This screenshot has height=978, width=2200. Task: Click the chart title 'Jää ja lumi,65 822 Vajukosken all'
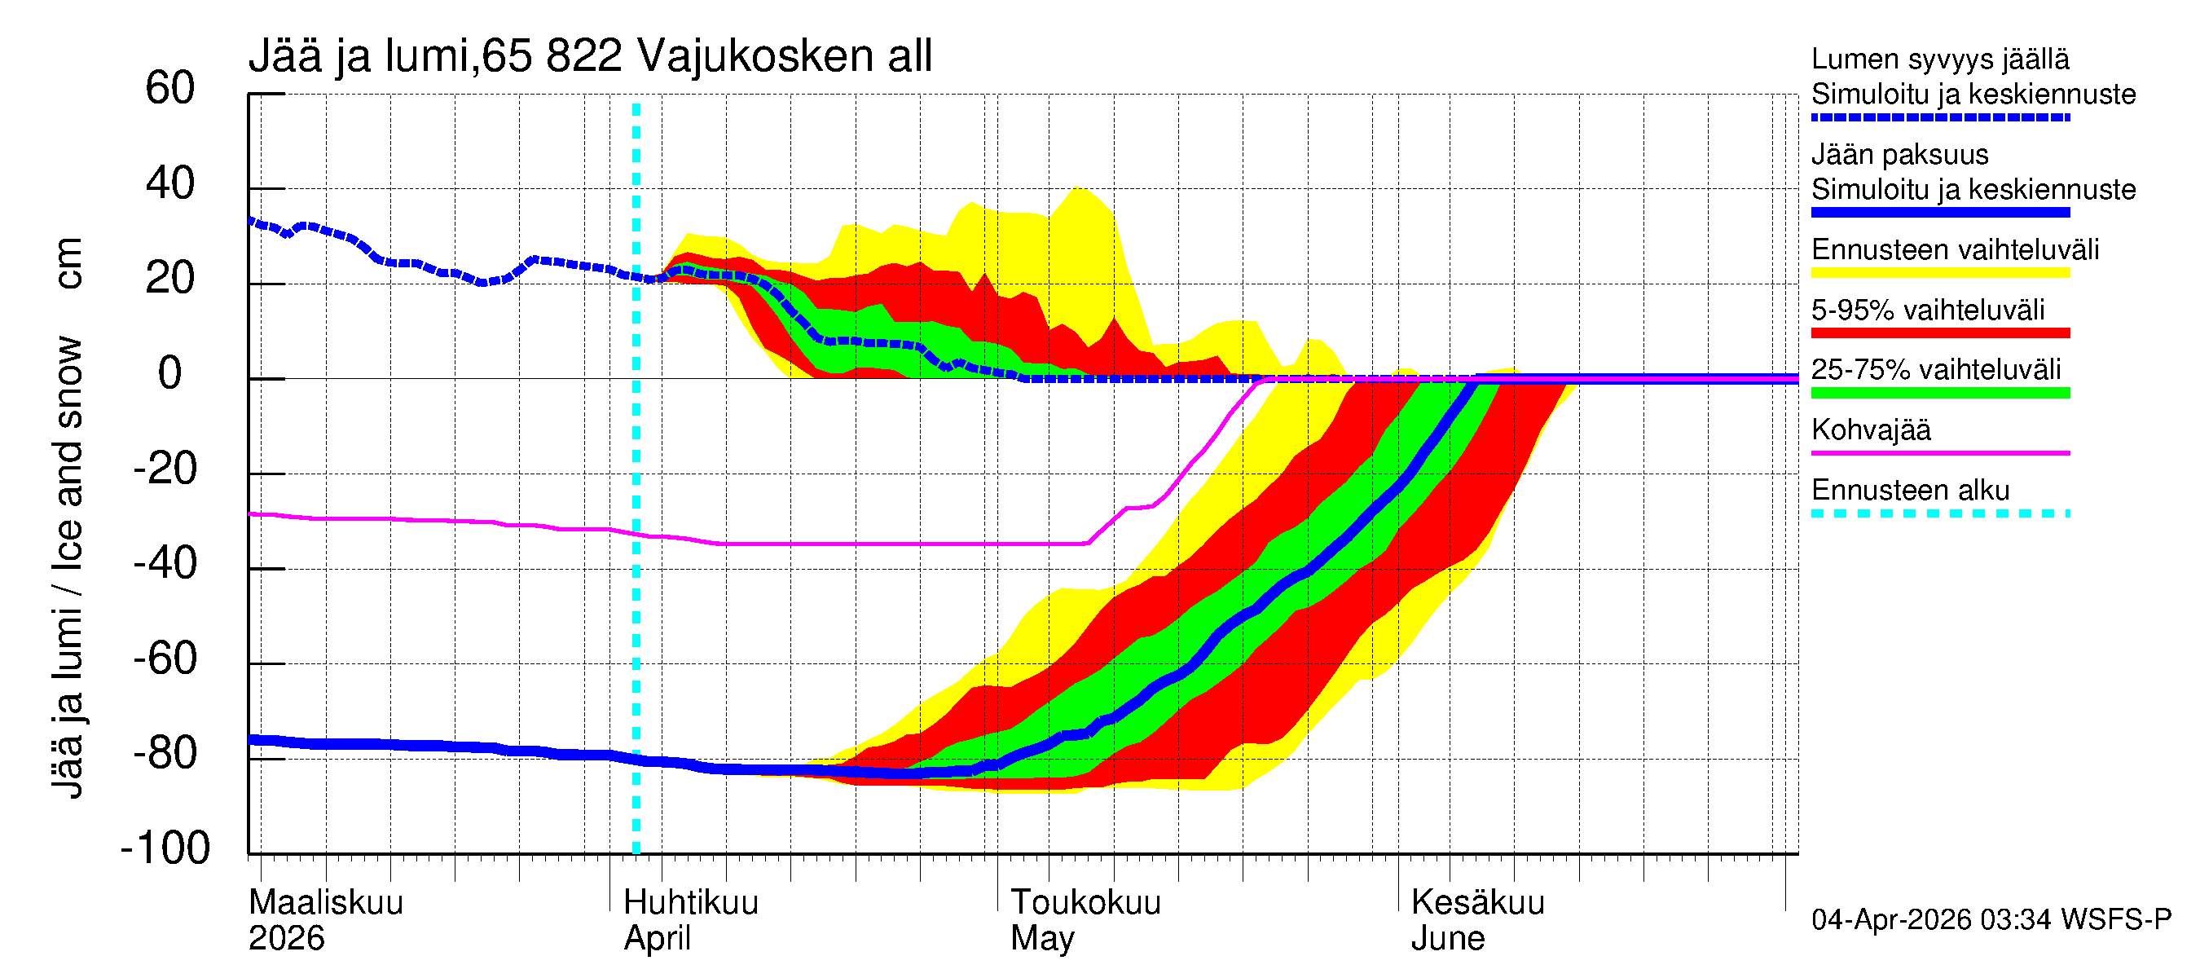pos(589,56)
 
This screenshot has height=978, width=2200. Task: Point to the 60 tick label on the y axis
pos(170,88)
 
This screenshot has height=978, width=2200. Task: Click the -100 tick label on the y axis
pos(165,848)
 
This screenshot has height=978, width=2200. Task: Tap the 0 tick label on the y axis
pos(170,373)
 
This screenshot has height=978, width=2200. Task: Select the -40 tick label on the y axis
pos(165,564)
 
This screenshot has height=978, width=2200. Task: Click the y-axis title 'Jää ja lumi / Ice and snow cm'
pos(68,517)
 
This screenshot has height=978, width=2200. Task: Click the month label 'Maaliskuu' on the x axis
pos(325,903)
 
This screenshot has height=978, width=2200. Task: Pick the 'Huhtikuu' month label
pos(691,903)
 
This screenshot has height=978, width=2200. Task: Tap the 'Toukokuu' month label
pos(1085,903)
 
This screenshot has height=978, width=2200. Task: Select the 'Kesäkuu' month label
pos(1477,903)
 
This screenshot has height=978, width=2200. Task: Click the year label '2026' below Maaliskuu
pos(286,939)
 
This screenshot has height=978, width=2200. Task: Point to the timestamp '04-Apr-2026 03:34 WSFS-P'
pos(1991,920)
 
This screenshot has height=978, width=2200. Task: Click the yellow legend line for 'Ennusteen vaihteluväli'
pos(1939,273)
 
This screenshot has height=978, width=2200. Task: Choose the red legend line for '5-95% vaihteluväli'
pos(1939,333)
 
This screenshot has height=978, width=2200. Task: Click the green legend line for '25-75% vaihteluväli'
pos(1939,393)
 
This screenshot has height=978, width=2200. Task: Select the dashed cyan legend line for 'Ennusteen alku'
pos(1939,514)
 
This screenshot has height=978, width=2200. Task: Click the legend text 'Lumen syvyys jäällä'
pos(1939,59)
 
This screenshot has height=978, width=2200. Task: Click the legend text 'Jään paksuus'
pos(1899,155)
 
